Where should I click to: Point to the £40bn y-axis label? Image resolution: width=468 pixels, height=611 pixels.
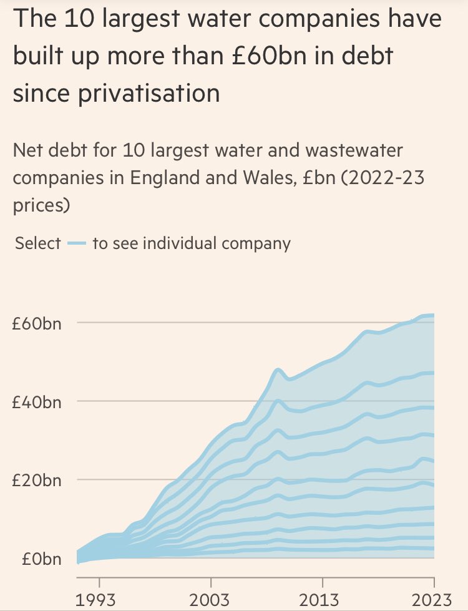coord(36,402)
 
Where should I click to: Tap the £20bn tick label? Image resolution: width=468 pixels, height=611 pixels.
coord(36,481)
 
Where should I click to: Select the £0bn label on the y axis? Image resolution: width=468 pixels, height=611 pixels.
coord(39,559)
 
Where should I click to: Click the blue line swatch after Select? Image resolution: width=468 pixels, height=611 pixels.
coord(76,243)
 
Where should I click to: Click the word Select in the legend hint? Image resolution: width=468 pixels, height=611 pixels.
coord(38,243)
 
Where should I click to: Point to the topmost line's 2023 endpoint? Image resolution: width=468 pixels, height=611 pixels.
coord(432,315)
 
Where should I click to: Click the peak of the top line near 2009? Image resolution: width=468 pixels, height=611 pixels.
coord(278,370)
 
